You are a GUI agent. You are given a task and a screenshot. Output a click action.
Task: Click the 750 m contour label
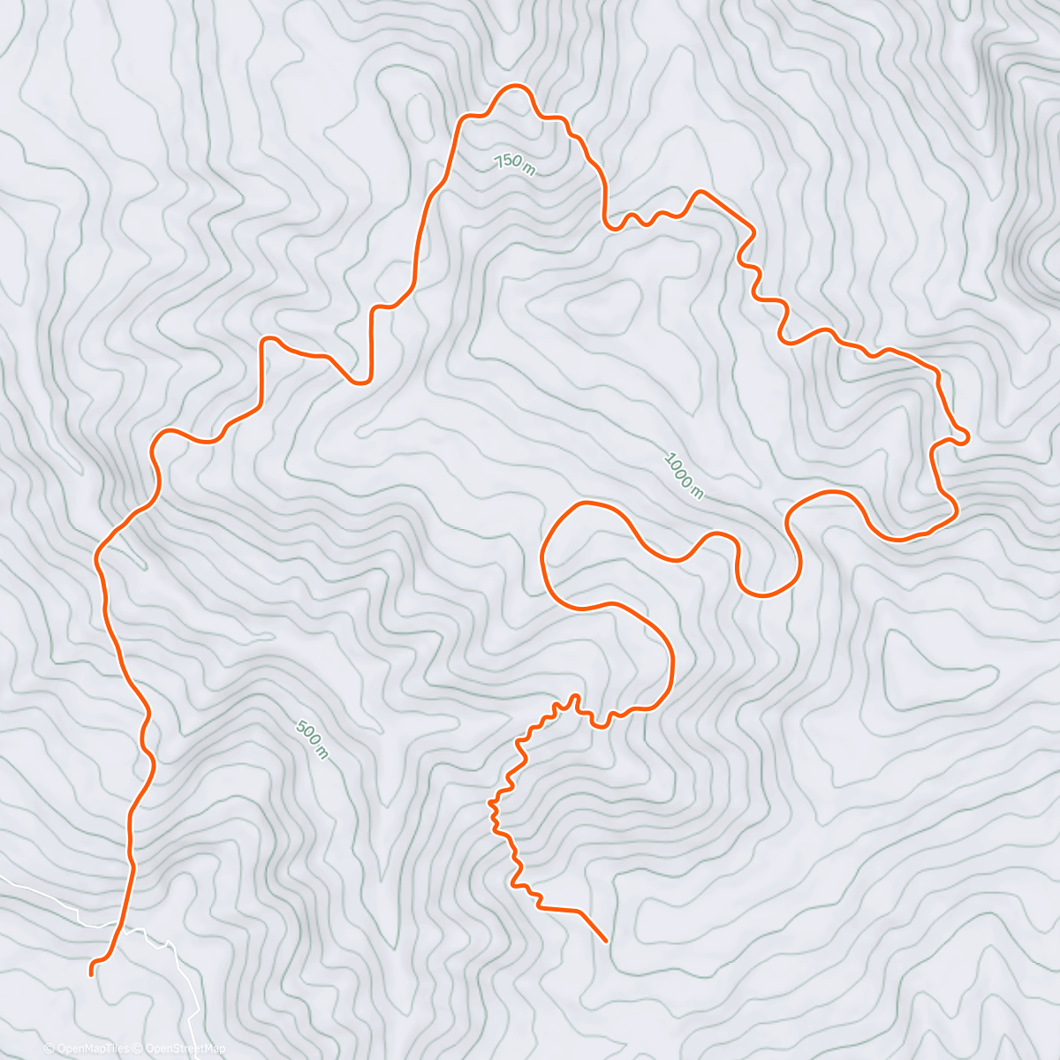pyautogui.click(x=514, y=164)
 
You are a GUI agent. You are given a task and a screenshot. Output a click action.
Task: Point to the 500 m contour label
pyautogui.click(x=312, y=740)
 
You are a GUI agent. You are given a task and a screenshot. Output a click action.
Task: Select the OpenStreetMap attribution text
pyautogui.click(x=184, y=1049)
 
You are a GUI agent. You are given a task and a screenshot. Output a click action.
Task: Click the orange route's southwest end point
pyautogui.click(x=92, y=973)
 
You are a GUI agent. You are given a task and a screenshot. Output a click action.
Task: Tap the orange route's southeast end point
pyautogui.click(x=606, y=941)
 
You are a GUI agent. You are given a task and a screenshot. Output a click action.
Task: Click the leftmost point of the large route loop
pyautogui.click(x=541, y=556)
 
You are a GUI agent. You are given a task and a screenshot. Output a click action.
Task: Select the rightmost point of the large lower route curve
pyautogui.click(x=672, y=662)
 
